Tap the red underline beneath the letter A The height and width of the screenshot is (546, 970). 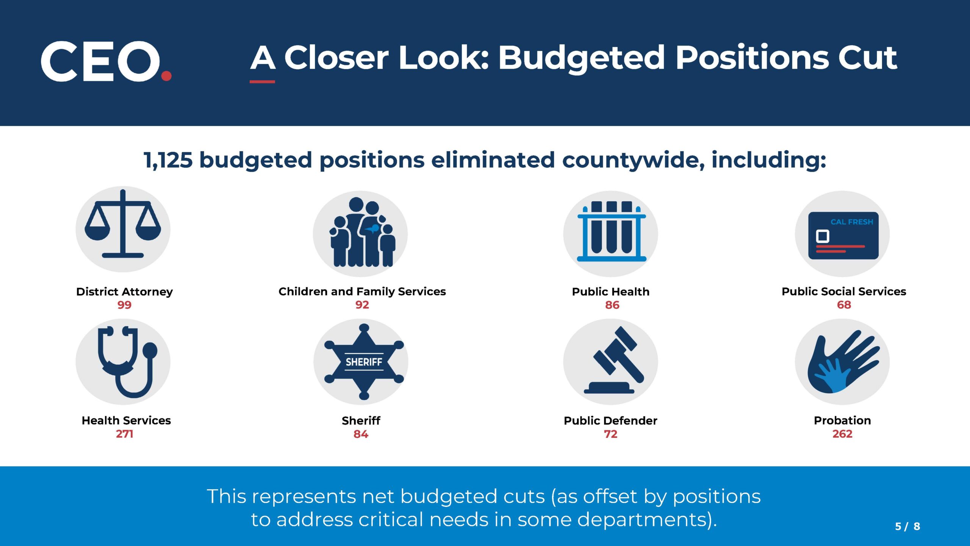click(262, 82)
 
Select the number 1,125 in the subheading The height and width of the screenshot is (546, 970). click(168, 160)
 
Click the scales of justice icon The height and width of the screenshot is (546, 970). click(123, 229)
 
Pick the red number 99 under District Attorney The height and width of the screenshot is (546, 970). click(124, 305)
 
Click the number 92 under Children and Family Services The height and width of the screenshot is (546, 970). click(362, 305)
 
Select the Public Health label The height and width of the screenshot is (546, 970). click(610, 292)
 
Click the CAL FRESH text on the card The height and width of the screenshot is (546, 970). click(851, 222)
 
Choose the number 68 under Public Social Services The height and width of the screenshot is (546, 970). click(844, 305)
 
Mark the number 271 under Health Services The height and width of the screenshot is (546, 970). click(124, 434)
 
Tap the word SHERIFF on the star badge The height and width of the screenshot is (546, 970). click(364, 362)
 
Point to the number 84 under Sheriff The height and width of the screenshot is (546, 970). click(361, 434)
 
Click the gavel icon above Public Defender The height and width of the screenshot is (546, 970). click(616, 360)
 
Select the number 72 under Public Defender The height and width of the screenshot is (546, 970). click(610, 434)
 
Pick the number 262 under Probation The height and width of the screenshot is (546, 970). click(842, 434)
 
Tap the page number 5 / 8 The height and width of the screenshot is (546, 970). click(907, 526)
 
